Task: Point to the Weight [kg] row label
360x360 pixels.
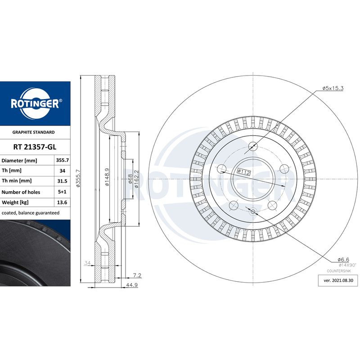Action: [x=15, y=202]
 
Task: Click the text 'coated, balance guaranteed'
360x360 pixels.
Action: [x=31, y=212]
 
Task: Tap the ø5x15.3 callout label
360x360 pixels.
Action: [x=333, y=88]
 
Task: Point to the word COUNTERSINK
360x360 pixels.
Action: [x=339, y=272]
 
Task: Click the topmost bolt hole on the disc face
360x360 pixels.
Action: [x=252, y=146]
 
